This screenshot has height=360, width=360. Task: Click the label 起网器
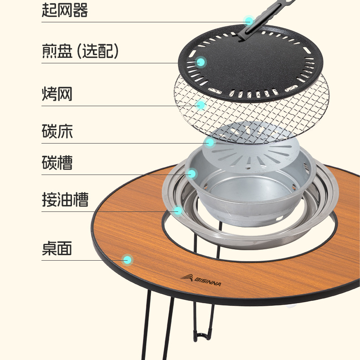65,10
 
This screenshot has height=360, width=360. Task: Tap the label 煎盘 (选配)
80,51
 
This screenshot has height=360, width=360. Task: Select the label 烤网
57,94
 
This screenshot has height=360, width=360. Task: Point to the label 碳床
57,132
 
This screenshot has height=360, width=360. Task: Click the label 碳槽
57,163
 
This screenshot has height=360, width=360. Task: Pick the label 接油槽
65,200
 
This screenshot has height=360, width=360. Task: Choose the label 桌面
57,248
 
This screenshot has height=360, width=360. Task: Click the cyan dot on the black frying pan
201,62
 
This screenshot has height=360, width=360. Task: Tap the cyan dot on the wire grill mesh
201,105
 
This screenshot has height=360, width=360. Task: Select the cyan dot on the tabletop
128,260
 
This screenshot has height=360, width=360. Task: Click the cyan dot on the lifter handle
249,21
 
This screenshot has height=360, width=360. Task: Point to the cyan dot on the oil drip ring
178,211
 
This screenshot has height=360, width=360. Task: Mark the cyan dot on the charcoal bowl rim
192,174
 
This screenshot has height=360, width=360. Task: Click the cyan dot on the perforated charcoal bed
210,142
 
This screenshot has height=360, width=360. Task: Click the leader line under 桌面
82,260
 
